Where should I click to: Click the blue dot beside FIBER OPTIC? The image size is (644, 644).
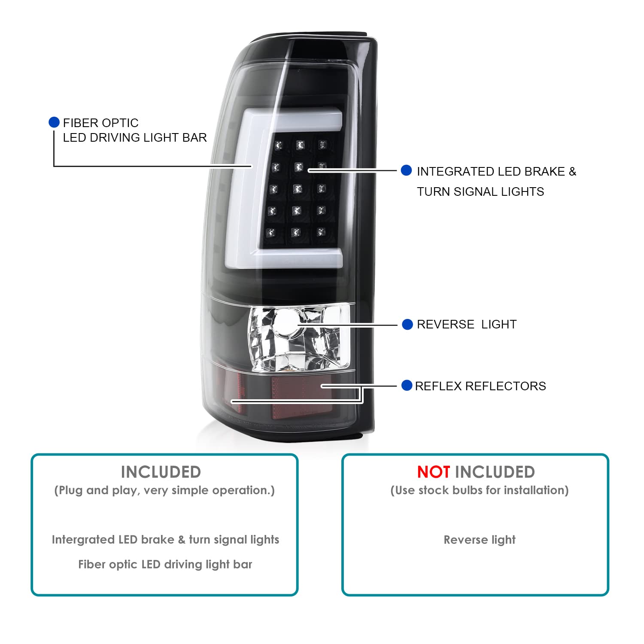click(54, 122)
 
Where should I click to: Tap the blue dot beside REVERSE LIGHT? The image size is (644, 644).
click(407, 325)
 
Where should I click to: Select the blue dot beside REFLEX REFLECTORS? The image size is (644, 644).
click(407, 386)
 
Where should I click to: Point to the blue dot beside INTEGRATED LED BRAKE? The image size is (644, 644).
click(406, 170)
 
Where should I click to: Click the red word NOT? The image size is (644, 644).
click(434, 472)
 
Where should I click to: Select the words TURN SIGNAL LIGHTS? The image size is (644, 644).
click(480, 192)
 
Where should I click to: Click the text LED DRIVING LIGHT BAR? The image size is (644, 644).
click(135, 138)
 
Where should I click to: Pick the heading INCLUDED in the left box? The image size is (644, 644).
click(161, 472)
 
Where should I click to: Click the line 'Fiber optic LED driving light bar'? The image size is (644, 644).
click(165, 565)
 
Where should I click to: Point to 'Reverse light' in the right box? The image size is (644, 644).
click(480, 540)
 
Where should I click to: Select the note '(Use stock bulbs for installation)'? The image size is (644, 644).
click(480, 490)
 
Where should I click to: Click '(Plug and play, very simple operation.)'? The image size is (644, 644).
click(164, 490)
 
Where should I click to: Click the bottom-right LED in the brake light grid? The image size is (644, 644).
click(321, 232)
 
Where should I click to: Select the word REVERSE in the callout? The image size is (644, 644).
click(446, 325)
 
